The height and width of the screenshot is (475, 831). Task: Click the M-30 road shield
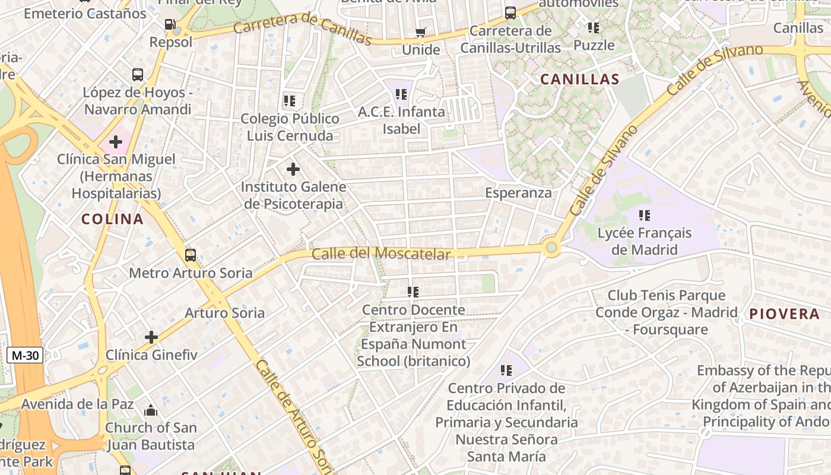point(26,356)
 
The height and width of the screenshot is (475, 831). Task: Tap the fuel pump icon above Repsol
point(170,24)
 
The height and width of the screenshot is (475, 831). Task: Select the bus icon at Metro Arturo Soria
point(190,255)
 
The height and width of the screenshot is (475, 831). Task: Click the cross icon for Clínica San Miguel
point(116,142)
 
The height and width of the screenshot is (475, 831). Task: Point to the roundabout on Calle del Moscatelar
point(551,247)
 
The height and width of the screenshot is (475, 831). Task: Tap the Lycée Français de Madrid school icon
point(644,215)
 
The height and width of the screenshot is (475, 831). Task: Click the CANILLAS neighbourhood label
point(579,79)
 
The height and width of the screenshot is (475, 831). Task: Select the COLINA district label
point(112,219)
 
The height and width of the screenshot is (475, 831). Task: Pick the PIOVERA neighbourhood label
point(784,314)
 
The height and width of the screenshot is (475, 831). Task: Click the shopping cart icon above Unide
point(420,32)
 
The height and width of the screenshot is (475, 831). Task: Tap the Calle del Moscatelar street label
point(380,254)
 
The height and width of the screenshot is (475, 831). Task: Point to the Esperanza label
point(518,193)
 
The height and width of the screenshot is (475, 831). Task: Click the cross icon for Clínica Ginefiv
point(151,337)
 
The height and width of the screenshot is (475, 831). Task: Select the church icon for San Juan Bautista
point(151,410)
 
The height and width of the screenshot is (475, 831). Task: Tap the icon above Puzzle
point(593,27)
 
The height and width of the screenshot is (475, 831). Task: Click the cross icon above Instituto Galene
point(293,169)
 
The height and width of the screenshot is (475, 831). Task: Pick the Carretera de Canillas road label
point(302,28)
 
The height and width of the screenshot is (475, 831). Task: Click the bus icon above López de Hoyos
point(138,75)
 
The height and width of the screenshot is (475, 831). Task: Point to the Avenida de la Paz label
point(78,404)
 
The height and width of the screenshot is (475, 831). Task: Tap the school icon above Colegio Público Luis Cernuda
point(289,101)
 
